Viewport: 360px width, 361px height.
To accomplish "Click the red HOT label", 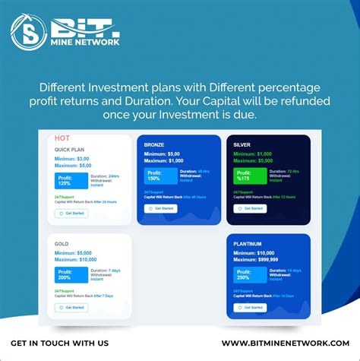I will click(x=63, y=138).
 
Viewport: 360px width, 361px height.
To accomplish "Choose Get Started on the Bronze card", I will click(x=160, y=207).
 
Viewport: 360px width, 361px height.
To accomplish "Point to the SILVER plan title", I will click(x=244, y=144).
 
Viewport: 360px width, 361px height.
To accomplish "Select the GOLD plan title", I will click(x=62, y=244).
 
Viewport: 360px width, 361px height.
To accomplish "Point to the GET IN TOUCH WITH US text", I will click(x=60, y=344).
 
